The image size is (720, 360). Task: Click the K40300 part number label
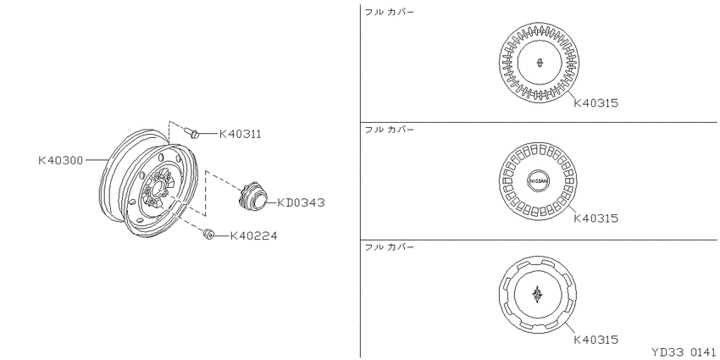click(60, 160)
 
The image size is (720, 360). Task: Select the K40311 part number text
click(241, 134)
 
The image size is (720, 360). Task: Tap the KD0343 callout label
click(302, 202)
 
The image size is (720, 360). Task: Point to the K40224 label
click(253, 236)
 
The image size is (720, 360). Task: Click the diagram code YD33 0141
click(684, 352)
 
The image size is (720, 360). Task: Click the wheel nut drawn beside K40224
click(208, 235)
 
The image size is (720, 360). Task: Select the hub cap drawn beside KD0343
click(253, 198)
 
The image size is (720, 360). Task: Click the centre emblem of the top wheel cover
click(540, 62)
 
